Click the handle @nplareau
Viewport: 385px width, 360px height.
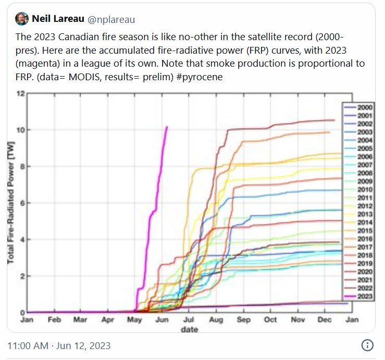111,19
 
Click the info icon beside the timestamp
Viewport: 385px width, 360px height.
367,345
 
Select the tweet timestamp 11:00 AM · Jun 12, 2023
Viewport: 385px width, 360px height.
59,345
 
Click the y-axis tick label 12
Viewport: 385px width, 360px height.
21,94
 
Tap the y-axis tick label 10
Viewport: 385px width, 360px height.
21,130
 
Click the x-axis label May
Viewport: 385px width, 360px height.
135,320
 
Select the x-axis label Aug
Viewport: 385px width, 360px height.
216,320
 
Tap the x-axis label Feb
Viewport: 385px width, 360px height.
54,320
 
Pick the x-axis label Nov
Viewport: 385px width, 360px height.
298,320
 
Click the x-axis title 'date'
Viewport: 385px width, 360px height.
189,329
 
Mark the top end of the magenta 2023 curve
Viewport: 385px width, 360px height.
166,127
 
